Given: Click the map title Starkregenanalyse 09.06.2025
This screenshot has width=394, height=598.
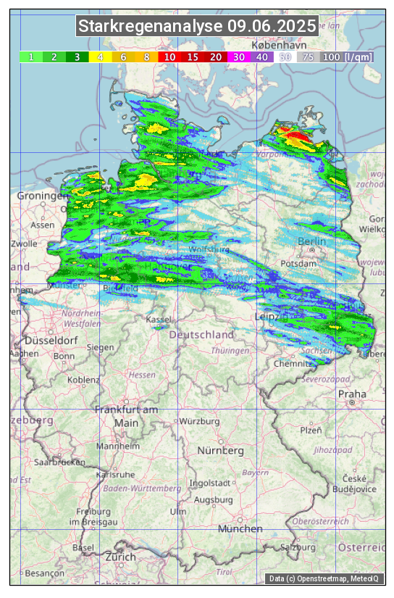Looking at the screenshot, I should pos(197,27).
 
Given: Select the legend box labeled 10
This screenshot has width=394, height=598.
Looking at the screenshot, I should pos(170,57).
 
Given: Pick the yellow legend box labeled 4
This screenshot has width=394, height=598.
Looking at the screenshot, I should pos(101,57).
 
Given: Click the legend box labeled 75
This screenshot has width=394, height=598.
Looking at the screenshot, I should pos(308,57).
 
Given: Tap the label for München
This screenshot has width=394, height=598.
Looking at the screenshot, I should pos(240,529).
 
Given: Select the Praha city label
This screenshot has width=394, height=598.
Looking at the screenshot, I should pos(352,394).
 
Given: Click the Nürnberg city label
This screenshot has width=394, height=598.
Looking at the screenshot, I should pos(221,450).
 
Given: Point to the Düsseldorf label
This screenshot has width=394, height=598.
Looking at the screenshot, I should pos(51,340).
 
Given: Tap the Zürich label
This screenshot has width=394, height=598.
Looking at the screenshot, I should pos(120,557).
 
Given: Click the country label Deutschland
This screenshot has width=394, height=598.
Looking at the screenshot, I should pos(202,334).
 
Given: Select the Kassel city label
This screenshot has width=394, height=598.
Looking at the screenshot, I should pos(158,319).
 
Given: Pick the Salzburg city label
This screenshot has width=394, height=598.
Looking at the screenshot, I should pos(299,547).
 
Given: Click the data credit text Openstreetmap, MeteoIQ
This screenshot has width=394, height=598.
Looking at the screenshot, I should pos(326,578).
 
